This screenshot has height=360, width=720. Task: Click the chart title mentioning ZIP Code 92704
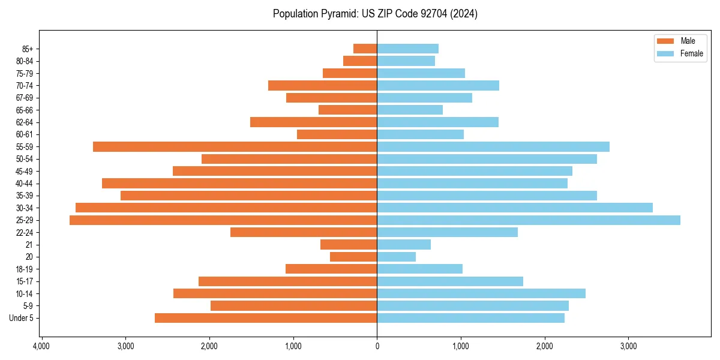coord(375,14)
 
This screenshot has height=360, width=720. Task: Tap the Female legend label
coord(691,53)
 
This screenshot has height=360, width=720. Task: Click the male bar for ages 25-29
coord(223,220)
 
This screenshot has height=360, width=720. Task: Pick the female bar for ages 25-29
coord(528,220)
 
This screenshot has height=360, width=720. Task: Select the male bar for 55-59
coord(235,146)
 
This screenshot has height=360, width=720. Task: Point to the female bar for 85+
coord(407,49)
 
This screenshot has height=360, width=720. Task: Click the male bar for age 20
coord(353,257)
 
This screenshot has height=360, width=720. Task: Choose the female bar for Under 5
coord(470,318)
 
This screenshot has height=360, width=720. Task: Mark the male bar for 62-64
coord(313,122)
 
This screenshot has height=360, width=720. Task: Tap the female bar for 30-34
coord(514,208)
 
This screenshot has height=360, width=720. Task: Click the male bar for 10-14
coord(275,293)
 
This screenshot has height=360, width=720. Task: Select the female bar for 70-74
coord(438,85)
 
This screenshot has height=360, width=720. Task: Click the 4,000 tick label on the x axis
coord(41,346)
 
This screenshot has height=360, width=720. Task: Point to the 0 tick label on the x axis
coord(377,346)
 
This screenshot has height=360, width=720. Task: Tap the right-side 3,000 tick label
coord(628,346)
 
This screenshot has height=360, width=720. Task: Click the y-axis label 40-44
coord(24,184)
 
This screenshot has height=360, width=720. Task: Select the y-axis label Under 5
coord(21,318)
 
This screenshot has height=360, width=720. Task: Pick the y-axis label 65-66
coord(24,110)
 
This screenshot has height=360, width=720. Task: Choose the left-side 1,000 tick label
coord(293,346)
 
